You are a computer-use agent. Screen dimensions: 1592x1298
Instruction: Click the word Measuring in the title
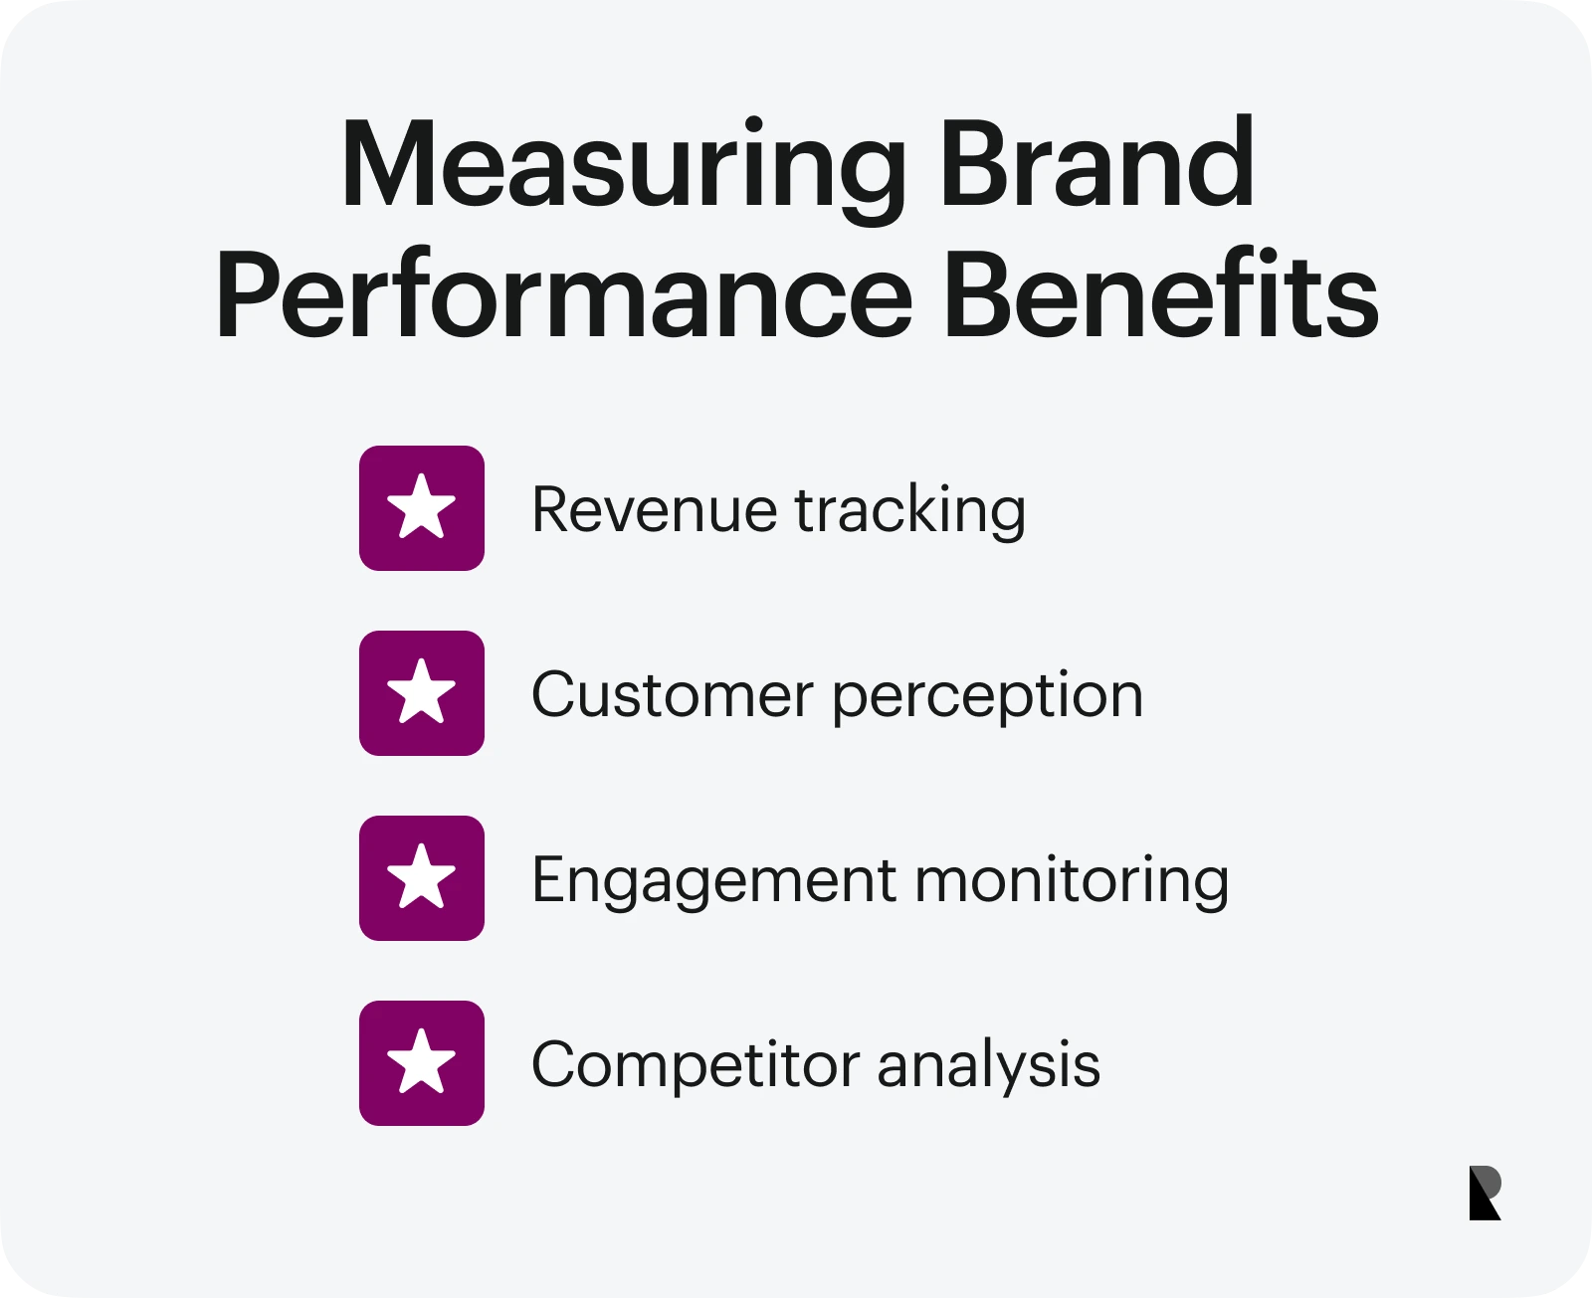click(623, 170)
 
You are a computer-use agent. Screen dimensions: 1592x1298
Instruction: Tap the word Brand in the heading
click(1097, 161)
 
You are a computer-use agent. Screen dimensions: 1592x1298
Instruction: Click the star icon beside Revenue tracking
click(421, 508)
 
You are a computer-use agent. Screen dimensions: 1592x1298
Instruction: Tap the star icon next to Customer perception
click(421, 693)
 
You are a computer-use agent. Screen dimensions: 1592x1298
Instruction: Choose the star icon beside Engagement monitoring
click(421, 877)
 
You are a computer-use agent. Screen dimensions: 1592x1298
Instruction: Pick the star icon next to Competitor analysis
click(421, 1062)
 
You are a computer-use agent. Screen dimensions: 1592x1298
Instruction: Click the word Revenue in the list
click(655, 509)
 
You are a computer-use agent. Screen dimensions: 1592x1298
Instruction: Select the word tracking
click(910, 512)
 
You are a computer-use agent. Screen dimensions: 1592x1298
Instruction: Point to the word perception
click(988, 697)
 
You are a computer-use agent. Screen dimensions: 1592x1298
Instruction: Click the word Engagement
click(714, 882)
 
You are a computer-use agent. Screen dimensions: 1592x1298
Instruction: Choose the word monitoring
click(1072, 882)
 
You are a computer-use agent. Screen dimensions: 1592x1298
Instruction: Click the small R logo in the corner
click(1485, 1193)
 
